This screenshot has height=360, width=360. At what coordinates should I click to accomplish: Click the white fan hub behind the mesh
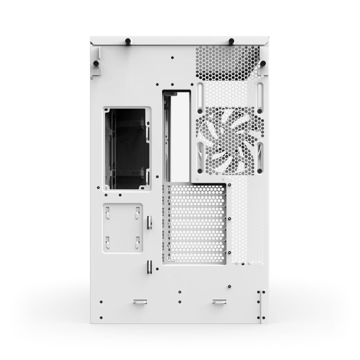pos(230,142)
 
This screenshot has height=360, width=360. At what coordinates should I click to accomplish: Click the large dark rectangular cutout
pos(127,149)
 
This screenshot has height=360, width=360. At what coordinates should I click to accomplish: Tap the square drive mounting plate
pos(123,227)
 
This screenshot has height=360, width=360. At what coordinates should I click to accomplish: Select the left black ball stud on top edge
pos(128,41)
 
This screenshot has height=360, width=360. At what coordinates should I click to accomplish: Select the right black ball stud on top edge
pos(231,41)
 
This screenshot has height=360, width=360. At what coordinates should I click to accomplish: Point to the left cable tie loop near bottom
pos(140,301)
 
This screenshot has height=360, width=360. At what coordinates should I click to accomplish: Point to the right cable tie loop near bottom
pos(219,301)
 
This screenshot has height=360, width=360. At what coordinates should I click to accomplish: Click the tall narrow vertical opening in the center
pos(178,135)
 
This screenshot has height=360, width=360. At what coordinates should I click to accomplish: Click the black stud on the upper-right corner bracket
pos(263,63)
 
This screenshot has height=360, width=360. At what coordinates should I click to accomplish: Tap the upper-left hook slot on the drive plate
pos(108,211)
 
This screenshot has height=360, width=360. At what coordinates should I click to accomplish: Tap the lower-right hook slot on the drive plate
pos(137,242)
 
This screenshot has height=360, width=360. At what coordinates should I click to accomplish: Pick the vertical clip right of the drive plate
pos(150,223)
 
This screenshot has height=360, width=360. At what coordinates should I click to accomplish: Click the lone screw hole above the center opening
pos(172,58)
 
